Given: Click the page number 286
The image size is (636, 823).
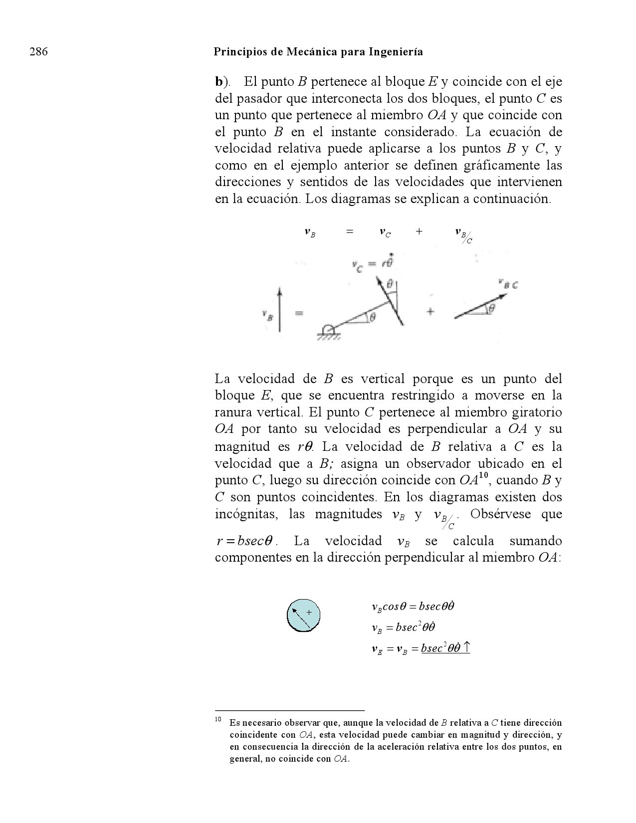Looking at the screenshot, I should pos(38,52).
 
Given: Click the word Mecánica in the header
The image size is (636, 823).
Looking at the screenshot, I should pos(310,52).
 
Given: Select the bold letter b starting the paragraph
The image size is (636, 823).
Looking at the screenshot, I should pos(218,81).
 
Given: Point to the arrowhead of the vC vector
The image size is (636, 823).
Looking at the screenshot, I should pos(379,283).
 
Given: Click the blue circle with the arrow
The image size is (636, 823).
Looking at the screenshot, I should pos(303,615).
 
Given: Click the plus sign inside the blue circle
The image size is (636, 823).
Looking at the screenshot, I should pos(309,612).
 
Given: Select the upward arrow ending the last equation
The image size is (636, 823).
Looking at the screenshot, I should pos(466,647).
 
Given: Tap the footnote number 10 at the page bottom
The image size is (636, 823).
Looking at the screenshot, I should pos(218,720).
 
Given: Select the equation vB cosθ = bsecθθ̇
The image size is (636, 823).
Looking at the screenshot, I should pos(413,607).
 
